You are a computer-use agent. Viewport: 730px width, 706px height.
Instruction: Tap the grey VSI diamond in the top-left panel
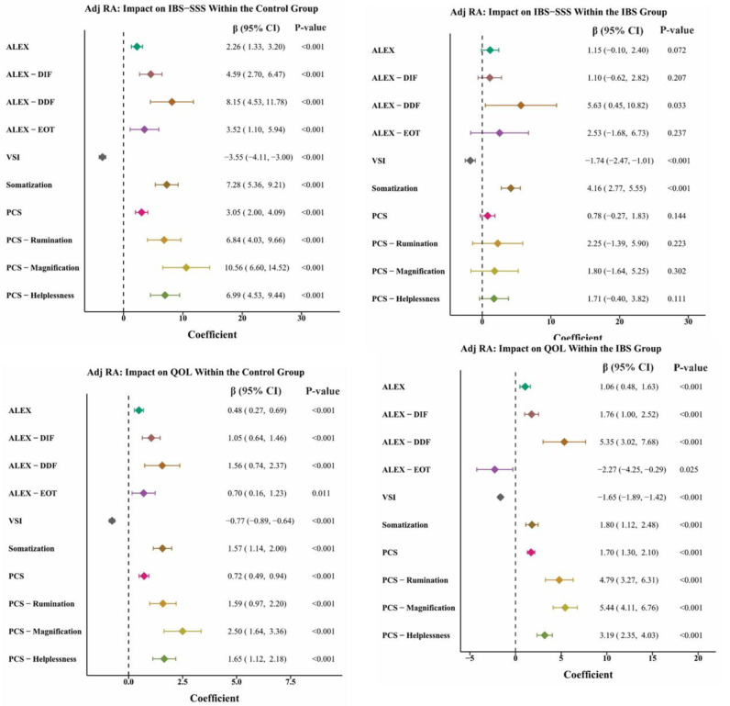(102, 157)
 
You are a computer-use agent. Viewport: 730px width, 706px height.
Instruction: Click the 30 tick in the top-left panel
(302, 317)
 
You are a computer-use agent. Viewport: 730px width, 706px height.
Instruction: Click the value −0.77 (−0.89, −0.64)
(267, 521)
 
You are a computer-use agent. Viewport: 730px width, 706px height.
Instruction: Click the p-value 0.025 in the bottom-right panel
(690, 469)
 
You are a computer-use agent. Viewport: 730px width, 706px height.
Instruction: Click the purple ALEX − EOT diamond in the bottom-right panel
(494, 469)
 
